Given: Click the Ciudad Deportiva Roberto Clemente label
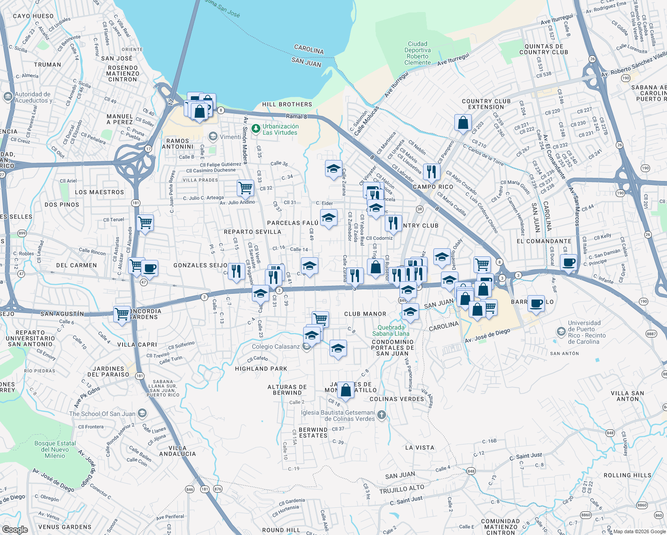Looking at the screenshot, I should pos(418,53).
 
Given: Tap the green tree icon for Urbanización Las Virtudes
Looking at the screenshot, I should pos(255,129).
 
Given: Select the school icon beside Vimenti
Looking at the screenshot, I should pos(213,136).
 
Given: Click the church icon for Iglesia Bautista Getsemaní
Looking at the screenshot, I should pos(381,416).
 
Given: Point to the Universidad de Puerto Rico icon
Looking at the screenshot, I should pos(561,332).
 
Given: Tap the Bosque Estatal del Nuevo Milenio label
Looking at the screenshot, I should pos(55,449).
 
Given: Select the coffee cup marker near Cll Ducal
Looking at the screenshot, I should pos(568,262).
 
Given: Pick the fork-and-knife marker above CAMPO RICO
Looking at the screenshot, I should pos(431,171).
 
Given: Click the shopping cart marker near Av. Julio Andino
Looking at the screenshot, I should pos(245,187).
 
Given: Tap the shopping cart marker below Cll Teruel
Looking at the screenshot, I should pos(145,222).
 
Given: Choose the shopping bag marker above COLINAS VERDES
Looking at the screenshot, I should pos(346,390).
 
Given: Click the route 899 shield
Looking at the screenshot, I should pos(22,233).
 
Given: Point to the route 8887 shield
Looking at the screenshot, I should pos(651,333).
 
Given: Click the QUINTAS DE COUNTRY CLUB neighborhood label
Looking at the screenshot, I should pos(543,49).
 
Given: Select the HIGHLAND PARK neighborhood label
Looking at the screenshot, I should pos(261,369).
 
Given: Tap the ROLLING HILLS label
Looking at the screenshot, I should pos(627,475).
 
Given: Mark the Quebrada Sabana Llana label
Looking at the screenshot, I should pos(391,330).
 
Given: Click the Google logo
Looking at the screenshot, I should pos(15,529).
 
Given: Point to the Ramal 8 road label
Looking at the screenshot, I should pos(296,116).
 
